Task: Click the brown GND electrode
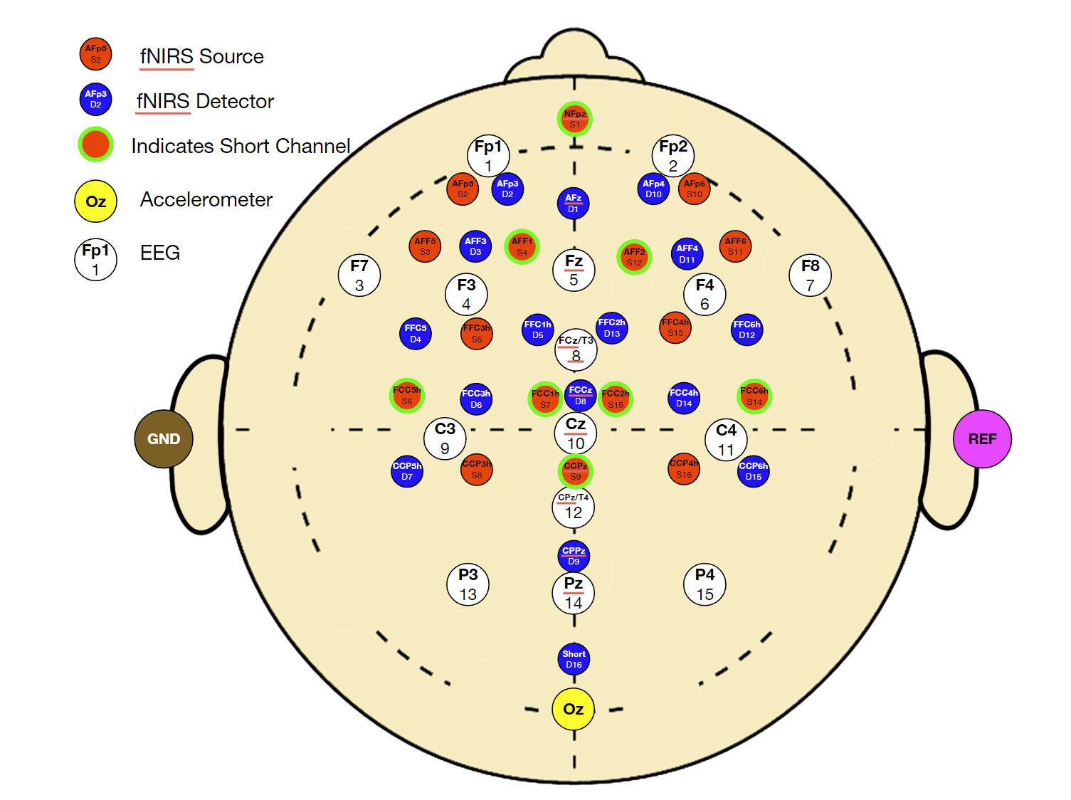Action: click(164, 438)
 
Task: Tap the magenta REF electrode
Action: click(982, 438)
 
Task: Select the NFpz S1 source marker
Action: click(574, 119)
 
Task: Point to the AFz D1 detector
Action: click(573, 203)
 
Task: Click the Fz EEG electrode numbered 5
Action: click(574, 270)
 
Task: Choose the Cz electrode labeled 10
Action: click(575, 433)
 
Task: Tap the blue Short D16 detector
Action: click(574, 659)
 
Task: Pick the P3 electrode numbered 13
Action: click(468, 584)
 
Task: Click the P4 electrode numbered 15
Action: click(705, 584)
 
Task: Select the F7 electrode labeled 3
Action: click(359, 275)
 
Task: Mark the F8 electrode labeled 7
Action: click(810, 275)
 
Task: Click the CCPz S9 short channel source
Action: click(575, 471)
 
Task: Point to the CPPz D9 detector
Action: click(574, 556)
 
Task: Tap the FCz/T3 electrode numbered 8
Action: click(576, 349)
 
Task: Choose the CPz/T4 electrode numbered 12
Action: click(574, 507)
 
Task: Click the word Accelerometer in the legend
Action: click(206, 199)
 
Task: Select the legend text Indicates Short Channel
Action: click(241, 146)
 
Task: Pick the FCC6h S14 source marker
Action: click(754, 396)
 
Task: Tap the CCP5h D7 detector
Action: click(407, 471)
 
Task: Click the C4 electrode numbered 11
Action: click(726, 440)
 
